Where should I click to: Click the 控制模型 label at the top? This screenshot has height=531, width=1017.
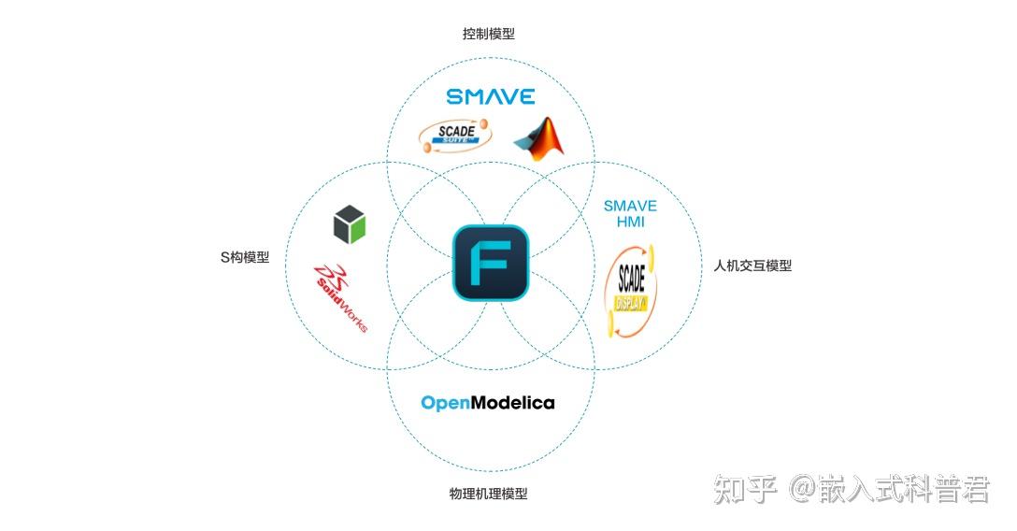click(x=488, y=34)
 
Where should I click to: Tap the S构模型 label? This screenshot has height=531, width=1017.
click(x=244, y=257)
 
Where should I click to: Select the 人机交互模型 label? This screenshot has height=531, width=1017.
click(x=752, y=265)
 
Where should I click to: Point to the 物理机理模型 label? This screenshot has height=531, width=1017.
click(x=488, y=494)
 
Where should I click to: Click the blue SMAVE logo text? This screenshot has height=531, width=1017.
click(x=490, y=96)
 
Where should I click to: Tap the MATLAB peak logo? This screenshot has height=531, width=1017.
click(x=539, y=139)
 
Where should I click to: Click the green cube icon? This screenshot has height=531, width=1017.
click(x=350, y=225)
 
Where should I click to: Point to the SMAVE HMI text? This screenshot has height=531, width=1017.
click(x=630, y=214)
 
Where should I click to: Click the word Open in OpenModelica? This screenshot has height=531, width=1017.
click(x=444, y=403)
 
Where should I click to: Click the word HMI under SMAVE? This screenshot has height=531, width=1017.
click(x=630, y=222)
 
